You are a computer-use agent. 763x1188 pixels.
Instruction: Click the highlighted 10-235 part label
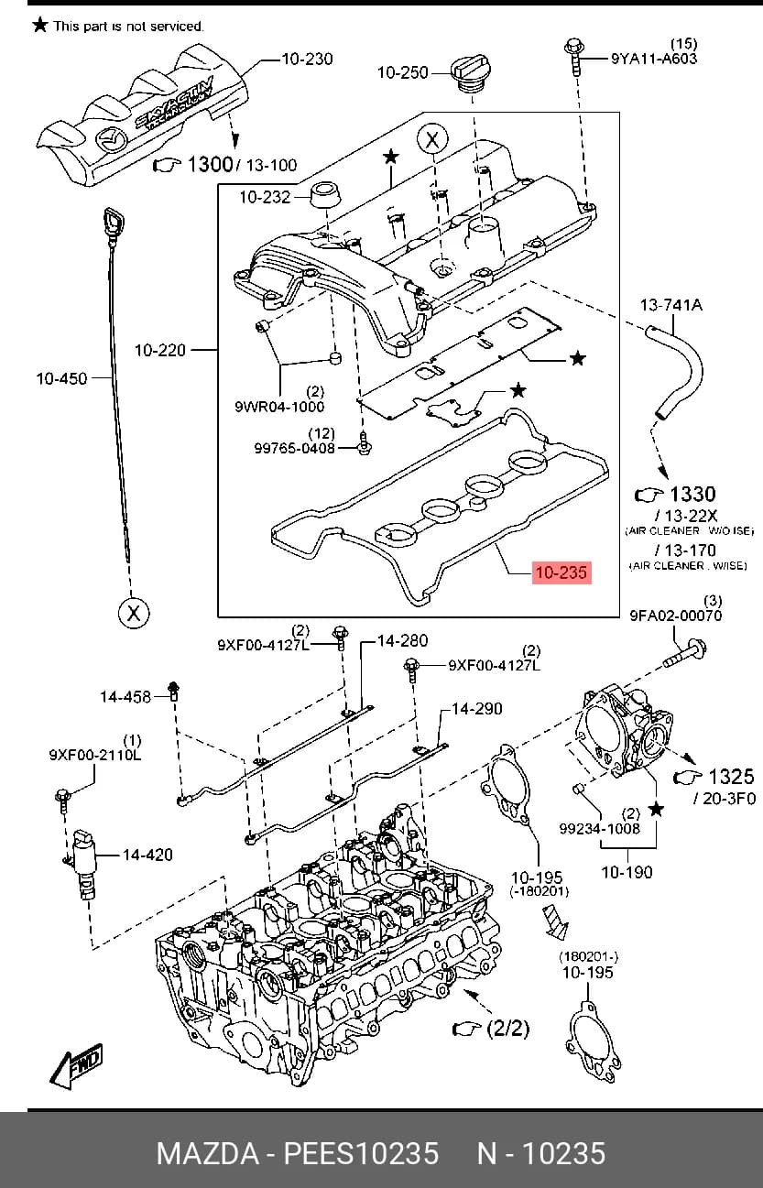(x=561, y=572)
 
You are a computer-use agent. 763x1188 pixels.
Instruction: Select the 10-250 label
(x=402, y=72)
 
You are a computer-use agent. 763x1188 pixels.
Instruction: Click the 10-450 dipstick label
(x=61, y=378)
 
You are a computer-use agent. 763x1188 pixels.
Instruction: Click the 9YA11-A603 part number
(x=654, y=59)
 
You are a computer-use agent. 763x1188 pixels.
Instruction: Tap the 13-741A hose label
(x=671, y=305)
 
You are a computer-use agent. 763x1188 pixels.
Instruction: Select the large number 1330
(x=693, y=495)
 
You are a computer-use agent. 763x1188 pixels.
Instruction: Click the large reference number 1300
(x=210, y=165)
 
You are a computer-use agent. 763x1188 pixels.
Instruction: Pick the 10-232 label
(x=265, y=197)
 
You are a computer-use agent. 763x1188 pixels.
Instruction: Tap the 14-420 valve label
(x=148, y=855)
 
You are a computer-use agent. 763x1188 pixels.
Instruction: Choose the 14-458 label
(x=125, y=696)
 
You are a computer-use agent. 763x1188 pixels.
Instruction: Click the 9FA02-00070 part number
(x=675, y=616)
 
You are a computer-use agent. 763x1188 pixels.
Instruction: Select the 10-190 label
(x=627, y=872)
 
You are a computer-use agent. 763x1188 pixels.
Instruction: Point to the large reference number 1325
(x=731, y=777)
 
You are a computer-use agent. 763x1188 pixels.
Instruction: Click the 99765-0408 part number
(x=294, y=448)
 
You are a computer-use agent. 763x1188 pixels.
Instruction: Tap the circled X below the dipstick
(x=134, y=613)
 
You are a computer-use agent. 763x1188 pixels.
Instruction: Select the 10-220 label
(x=160, y=350)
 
